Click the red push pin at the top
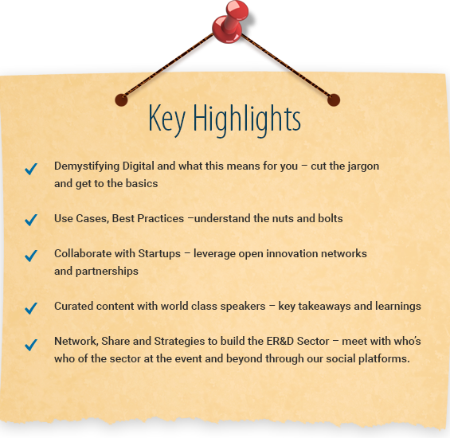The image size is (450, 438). pyautogui.click(x=229, y=22)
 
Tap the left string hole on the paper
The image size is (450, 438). pyautogui.click(x=121, y=100)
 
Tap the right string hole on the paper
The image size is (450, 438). pyautogui.click(x=334, y=100)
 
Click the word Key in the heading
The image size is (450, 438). pyautogui.click(x=166, y=119)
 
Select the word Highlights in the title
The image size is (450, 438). pyautogui.click(x=247, y=119)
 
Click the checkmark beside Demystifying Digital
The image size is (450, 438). pyautogui.click(x=31, y=169)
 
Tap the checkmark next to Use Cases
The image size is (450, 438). pyautogui.click(x=31, y=220)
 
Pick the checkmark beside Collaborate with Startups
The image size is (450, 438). pyautogui.click(x=31, y=256)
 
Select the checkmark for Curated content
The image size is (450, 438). pyautogui.click(x=31, y=308)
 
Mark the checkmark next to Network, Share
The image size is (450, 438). pyautogui.click(x=31, y=345)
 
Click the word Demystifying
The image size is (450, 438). pyautogui.click(x=87, y=166)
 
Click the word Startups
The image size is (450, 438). pyautogui.click(x=159, y=254)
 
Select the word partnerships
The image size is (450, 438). pyautogui.click(x=107, y=272)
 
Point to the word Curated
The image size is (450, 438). pyautogui.click(x=73, y=306)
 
